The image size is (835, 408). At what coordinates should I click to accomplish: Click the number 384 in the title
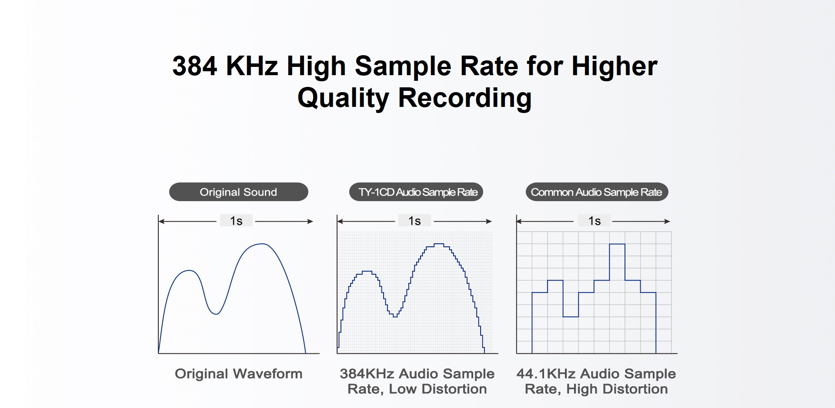click(x=194, y=66)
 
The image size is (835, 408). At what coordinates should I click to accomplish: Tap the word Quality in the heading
click(x=343, y=98)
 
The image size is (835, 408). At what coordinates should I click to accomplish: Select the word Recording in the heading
click(x=464, y=98)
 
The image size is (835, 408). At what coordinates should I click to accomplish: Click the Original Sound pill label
click(x=238, y=192)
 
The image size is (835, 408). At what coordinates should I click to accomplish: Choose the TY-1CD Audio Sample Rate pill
click(x=416, y=192)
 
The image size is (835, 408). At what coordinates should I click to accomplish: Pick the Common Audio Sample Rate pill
click(x=597, y=192)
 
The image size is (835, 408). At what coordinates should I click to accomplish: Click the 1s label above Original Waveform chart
click(x=236, y=221)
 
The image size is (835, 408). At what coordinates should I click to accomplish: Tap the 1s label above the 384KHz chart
click(x=414, y=221)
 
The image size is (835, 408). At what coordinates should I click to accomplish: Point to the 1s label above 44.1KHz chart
click(x=595, y=221)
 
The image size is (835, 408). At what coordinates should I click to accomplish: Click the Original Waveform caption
click(x=238, y=374)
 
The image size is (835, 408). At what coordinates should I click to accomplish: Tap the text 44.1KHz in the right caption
click(x=546, y=374)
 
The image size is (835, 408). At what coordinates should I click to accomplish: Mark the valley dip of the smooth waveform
click(x=216, y=314)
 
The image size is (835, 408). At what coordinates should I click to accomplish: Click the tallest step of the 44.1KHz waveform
click(x=617, y=244)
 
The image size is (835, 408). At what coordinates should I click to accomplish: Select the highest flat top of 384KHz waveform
click(x=439, y=244)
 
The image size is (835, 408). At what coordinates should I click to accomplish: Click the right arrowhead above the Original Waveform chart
click(x=310, y=222)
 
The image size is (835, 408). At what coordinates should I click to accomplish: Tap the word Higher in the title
click(x=614, y=66)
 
